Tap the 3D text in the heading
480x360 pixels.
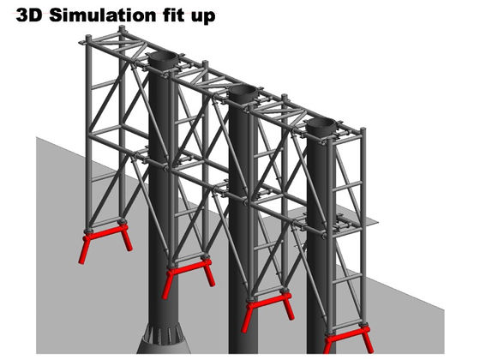pos(29,15)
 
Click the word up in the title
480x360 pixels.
pos(203,17)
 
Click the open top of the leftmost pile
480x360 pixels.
pos(163,58)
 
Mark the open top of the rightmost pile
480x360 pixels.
pos(321,124)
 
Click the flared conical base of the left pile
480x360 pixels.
pos(163,339)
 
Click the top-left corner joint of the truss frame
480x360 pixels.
pos(88,39)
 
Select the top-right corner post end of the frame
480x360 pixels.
pos(363,131)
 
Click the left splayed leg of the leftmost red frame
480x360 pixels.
pos(84,249)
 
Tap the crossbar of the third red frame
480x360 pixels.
pos(268,301)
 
